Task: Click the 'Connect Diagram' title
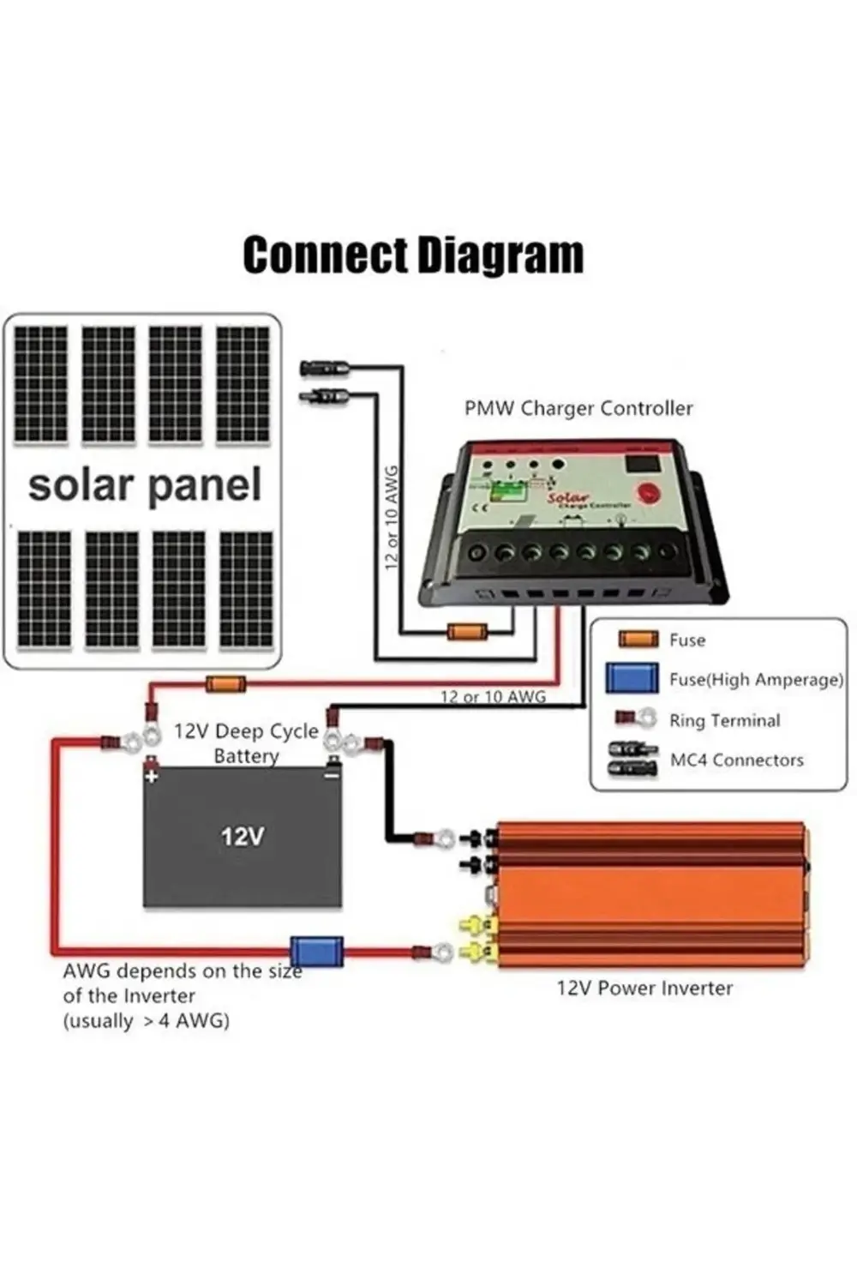coord(413,255)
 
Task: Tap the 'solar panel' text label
coord(144,485)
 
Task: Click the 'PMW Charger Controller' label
coord(578,408)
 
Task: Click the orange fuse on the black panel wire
coord(467,633)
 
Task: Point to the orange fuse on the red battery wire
coord(225,684)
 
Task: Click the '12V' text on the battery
coord(243,836)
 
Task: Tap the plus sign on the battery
coord(153,777)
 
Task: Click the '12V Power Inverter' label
coord(644,988)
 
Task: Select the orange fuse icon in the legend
coord(638,640)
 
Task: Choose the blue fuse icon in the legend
coord(632,678)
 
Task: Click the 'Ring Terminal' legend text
coord(725,720)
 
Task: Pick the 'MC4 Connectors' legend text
coord(737,760)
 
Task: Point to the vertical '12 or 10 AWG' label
coord(393,518)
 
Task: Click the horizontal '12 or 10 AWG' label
coord(493,696)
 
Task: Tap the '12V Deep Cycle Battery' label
coord(246,742)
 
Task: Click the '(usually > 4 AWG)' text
coord(146,1021)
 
